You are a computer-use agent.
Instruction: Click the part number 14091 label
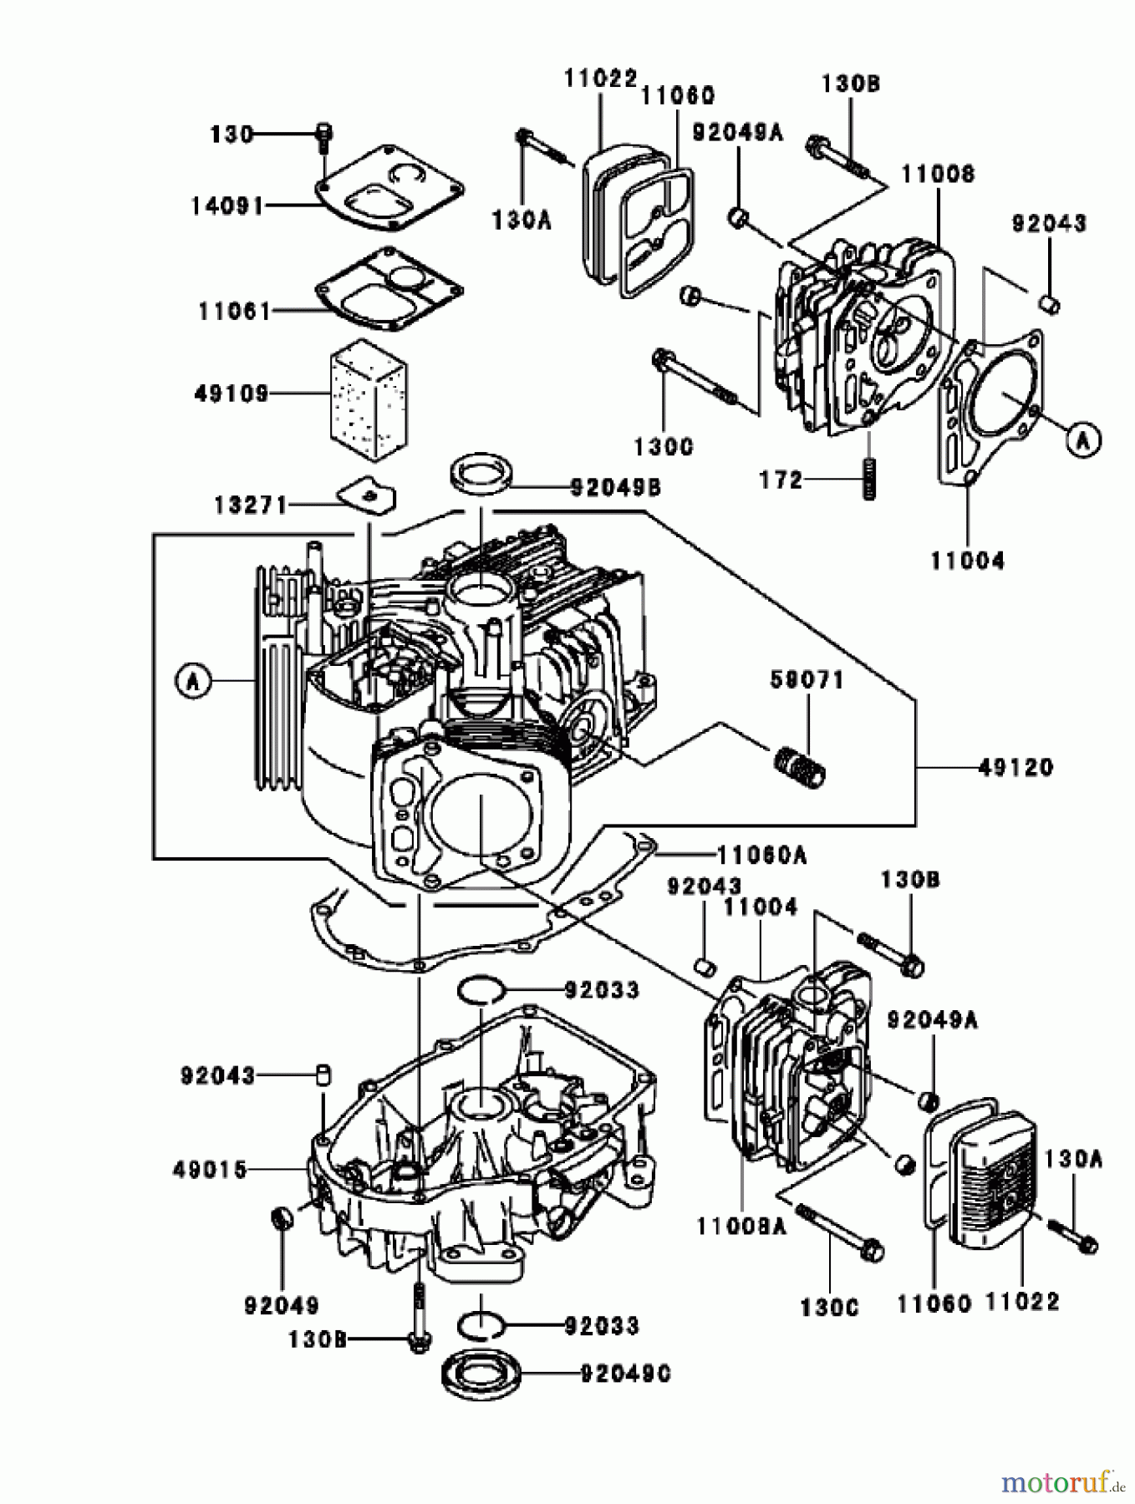pyautogui.click(x=227, y=206)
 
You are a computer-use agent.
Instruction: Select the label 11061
pyautogui.click(x=235, y=312)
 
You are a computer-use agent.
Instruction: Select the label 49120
pyautogui.click(x=1015, y=767)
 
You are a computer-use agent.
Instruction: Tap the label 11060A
pyautogui.click(x=761, y=855)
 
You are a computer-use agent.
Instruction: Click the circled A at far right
pyautogui.click(x=1083, y=440)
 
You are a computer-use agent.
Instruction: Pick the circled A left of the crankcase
pyautogui.click(x=193, y=682)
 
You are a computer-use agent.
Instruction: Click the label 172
pyautogui.click(x=781, y=480)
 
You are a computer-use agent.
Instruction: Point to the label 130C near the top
pyautogui.click(x=664, y=447)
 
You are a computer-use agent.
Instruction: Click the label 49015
pyautogui.click(x=211, y=1170)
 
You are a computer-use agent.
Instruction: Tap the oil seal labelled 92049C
pyautogui.click(x=481, y=1374)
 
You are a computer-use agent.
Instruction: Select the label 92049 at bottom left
pyautogui.click(x=282, y=1305)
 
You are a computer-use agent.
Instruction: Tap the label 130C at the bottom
pyautogui.click(x=829, y=1307)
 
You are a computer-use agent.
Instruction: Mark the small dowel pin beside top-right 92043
pyautogui.click(x=1051, y=303)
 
